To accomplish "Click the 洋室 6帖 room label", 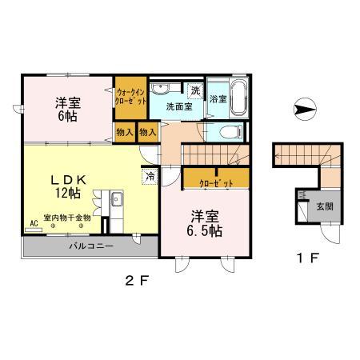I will point(67,109).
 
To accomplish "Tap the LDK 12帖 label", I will point(67,185).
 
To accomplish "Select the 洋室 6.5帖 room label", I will point(206,222).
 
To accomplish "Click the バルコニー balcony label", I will point(90,246).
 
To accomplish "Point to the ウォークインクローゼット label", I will point(130,96).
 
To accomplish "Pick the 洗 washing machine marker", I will point(195,90).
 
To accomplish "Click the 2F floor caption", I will point(133,281).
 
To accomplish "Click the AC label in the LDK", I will point(34,222).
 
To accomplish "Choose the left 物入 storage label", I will point(124,132).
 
